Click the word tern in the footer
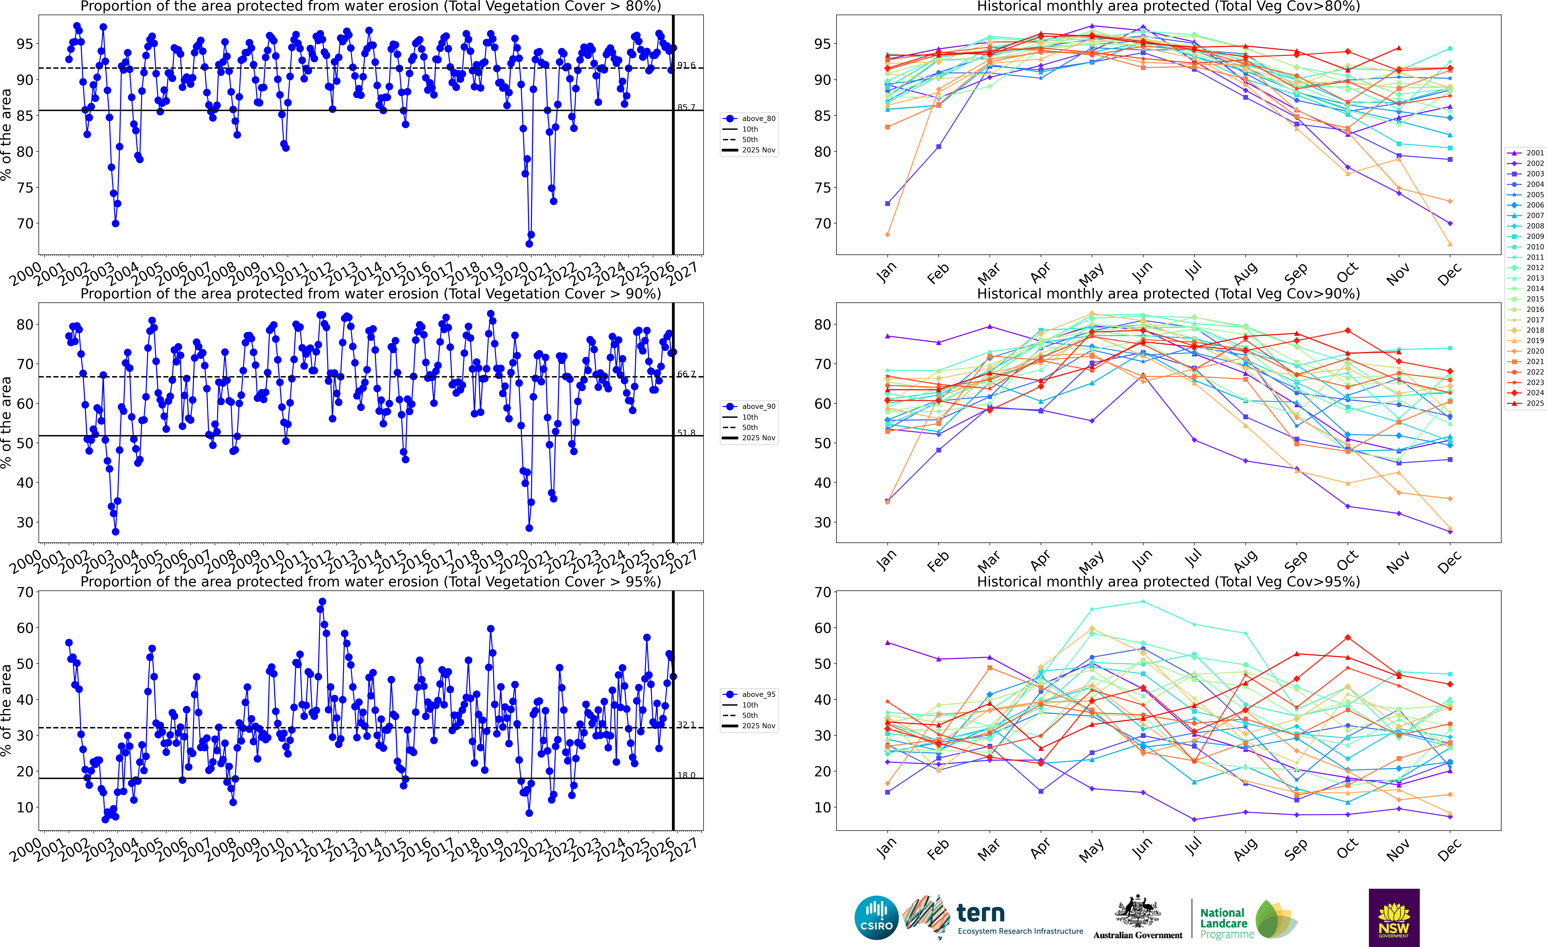click(x=981, y=912)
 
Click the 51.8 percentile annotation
click(x=686, y=433)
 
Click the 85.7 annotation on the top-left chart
click(x=686, y=107)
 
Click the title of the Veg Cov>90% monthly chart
click(x=1168, y=294)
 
